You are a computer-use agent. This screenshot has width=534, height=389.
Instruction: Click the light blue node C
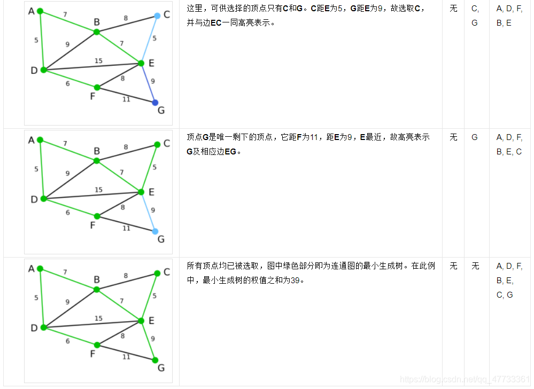click(157, 16)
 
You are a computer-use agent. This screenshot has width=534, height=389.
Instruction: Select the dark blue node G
click(155, 103)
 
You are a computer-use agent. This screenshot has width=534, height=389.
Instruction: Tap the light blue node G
click(155, 231)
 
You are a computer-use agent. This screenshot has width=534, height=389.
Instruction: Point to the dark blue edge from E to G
click(148, 83)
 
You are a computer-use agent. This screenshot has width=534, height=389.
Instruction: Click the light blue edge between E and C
click(149, 40)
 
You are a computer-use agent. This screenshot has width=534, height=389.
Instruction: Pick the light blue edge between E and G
click(148, 212)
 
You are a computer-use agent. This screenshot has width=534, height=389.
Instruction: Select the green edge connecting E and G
click(148, 340)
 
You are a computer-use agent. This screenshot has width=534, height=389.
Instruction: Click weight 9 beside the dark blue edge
click(153, 81)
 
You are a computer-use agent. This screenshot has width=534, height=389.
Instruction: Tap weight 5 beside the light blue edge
click(154, 38)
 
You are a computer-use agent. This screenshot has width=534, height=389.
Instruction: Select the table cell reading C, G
click(475, 16)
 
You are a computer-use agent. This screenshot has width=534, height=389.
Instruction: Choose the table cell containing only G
click(475, 137)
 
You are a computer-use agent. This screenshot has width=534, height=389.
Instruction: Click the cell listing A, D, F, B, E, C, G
click(509, 281)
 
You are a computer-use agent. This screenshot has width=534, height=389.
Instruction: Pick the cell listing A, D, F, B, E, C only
click(509, 144)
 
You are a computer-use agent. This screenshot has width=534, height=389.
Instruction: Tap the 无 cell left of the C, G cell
click(453, 9)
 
